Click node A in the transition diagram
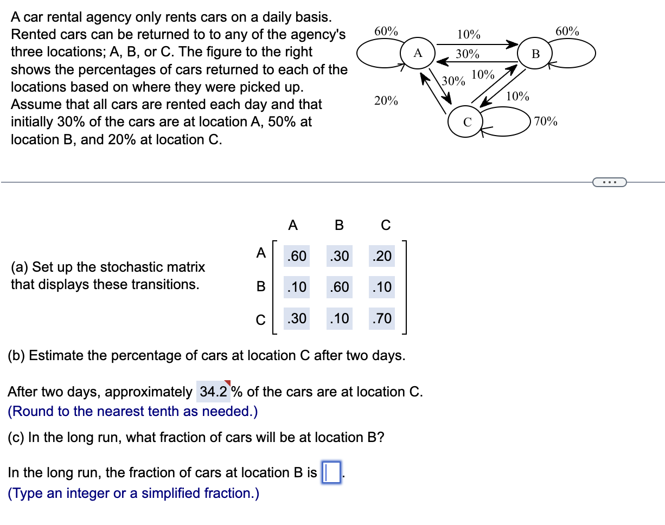coord(417,53)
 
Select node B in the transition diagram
coord(535,54)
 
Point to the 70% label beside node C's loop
coord(546,121)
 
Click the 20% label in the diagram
coord(386,101)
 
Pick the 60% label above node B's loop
coord(567,31)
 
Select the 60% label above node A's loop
coord(386,31)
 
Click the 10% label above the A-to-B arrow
coord(468,35)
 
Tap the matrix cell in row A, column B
coord(339,255)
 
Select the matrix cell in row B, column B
coord(339,287)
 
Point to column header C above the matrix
coord(386,225)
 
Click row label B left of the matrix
coord(260,287)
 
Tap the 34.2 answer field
coord(213,392)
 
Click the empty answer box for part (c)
coord(331,472)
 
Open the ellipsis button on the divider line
coord(610,182)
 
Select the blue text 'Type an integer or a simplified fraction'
coord(133,493)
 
